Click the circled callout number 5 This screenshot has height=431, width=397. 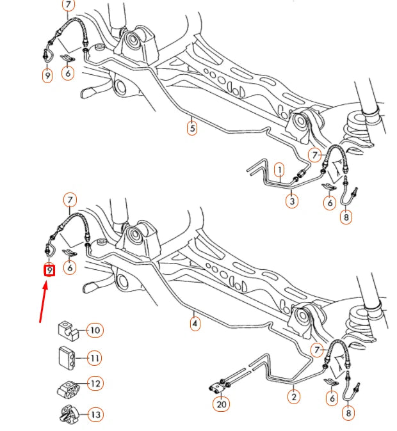(x=192, y=127)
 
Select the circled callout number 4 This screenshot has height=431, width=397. (x=195, y=324)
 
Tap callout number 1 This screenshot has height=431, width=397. (x=279, y=169)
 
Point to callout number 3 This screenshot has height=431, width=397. (x=291, y=201)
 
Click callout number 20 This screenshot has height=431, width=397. (x=222, y=405)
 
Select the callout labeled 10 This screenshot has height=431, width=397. (x=95, y=330)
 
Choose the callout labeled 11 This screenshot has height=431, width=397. (x=95, y=357)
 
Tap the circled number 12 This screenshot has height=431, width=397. (x=95, y=384)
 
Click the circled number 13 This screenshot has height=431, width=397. (x=95, y=414)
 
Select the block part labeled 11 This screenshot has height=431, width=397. (x=65, y=357)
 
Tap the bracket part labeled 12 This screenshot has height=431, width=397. (x=67, y=387)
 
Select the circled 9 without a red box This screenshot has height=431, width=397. (x=47, y=75)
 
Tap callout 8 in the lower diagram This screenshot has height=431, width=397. (x=348, y=414)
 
